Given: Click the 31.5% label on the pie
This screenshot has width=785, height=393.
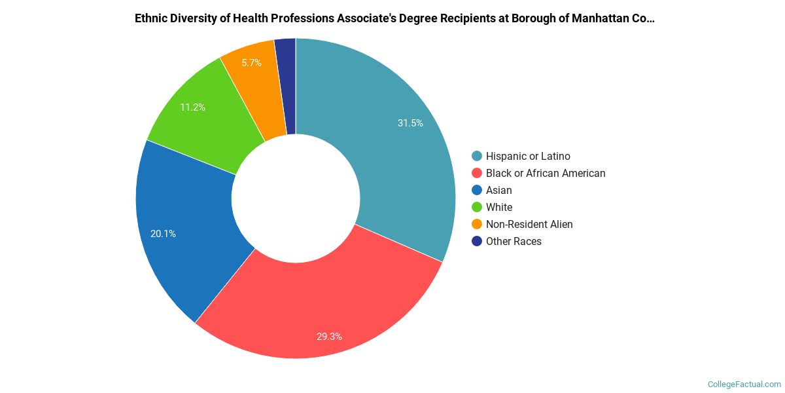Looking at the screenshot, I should coord(410,123).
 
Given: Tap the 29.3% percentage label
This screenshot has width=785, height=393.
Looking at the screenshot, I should coord(329,337).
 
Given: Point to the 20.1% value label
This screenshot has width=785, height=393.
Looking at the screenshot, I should coord(163,233).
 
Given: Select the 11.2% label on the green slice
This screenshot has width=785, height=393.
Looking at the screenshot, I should coord(192,107).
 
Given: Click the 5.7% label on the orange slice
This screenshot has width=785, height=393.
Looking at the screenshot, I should coord(251,63).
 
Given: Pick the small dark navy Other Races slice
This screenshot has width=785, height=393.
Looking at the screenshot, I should coord(286,85).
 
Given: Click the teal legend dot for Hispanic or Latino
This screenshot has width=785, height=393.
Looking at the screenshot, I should coord(477,156).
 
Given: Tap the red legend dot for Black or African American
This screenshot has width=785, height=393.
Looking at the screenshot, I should coord(477,173).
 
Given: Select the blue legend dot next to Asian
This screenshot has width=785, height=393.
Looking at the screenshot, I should coord(477,190).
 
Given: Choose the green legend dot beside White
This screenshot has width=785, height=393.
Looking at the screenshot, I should coord(477,207).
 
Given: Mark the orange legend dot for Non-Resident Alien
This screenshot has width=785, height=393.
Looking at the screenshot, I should coord(477,224).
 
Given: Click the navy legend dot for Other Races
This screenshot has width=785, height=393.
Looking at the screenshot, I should coord(477,241).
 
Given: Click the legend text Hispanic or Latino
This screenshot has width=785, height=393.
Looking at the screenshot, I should coord(528,156).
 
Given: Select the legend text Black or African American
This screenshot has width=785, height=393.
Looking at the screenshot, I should coord(546,173).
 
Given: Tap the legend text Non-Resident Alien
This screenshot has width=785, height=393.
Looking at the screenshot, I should coord(529,224).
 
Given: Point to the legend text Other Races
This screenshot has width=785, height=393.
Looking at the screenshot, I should coord(514,241).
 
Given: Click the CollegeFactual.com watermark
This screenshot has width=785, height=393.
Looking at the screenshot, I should coord(744,384).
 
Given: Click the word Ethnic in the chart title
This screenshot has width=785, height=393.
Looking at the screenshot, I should coord(151,18).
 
